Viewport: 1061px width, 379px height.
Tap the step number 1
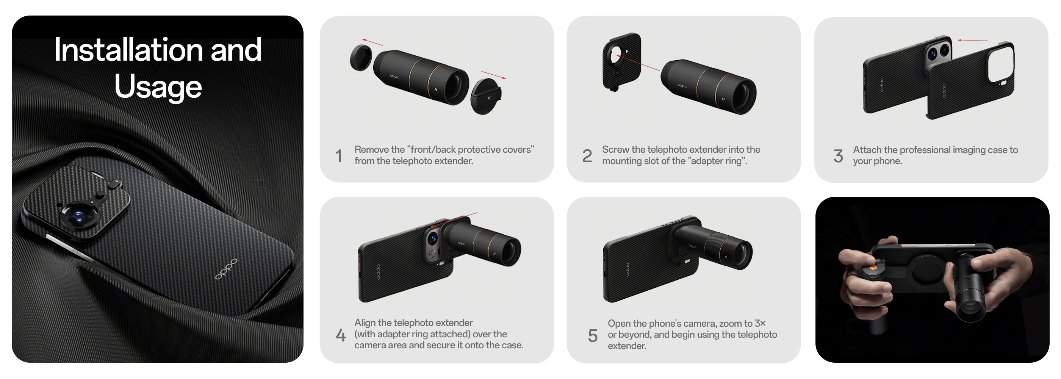coord(339,156)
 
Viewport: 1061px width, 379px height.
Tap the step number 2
coord(587,156)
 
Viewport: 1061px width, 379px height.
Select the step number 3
coord(838,156)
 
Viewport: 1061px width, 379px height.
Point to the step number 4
coord(341,335)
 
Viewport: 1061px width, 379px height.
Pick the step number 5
coord(593,335)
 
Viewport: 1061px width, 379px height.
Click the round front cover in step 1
coord(361,58)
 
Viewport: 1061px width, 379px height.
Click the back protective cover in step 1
coord(486,97)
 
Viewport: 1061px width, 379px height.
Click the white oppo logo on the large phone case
coord(226,269)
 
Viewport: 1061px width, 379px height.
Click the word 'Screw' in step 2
coord(615,150)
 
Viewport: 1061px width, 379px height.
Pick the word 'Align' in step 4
coord(365,323)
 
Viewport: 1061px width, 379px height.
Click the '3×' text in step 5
coord(760,323)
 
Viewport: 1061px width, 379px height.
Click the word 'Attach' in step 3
coord(867,150)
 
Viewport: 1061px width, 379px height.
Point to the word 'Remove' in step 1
coord(371,150)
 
